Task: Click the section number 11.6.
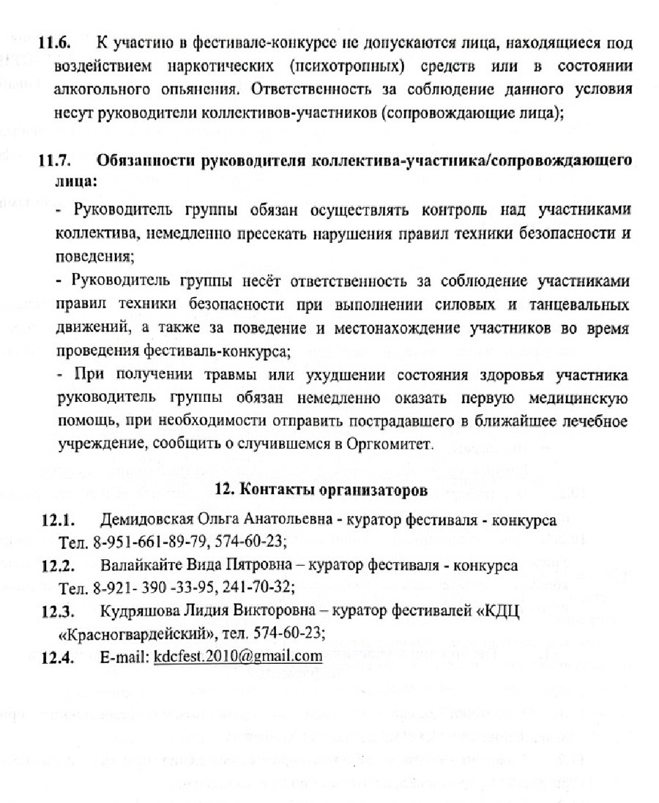point(54,43)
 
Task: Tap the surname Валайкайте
point(139,565)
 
